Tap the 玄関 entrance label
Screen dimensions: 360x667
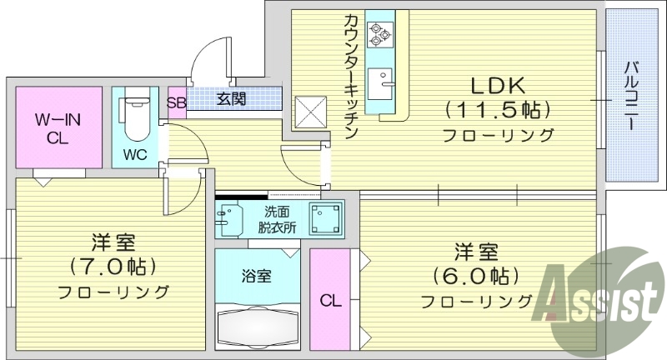coord(232,99)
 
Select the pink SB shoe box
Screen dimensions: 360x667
coord(176,102)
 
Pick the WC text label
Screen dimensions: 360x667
coord(137,155)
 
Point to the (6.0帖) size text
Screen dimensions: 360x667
coord(476,275)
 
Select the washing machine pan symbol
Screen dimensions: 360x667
coord(326,218)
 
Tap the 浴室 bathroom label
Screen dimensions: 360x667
coord(257,272)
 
